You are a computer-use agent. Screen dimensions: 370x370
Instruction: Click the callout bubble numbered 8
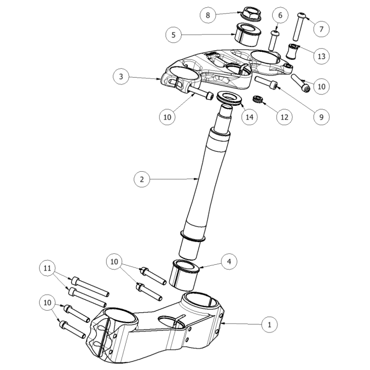208,15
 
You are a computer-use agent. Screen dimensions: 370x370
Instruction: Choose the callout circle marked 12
284,117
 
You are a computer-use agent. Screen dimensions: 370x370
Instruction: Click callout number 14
248,117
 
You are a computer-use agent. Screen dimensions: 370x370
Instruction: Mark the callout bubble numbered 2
141,179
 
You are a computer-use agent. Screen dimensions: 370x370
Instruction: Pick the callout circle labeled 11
48,269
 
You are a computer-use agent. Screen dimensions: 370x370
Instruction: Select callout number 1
270,323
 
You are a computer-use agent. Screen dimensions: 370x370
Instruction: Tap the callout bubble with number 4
229,261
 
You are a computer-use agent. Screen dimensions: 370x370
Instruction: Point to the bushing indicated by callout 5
248,35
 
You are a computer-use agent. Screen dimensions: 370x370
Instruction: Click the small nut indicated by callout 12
259,99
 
